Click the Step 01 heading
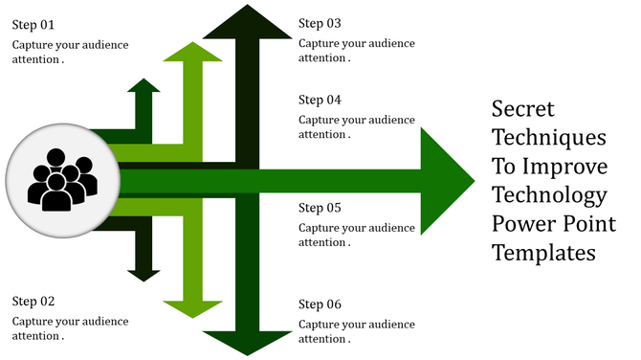pyautogui.click(x=33, y=24)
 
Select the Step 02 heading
pyautogui.click(x=33, y=301)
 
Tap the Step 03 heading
pyautogui.click(x=320, y=23)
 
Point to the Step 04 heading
pyautogui.click(x=320, y=100)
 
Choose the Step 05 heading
pyautogui.click(x=320, y=208)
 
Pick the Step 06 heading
pyautogui.click(x=320, y=304)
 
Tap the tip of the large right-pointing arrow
pyautogui.click(x=471, y=179)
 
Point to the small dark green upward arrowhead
pyautogui.click(x=144, y=88)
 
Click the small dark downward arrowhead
pyautogui.click(x=144, y=273)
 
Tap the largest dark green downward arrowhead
pyautogui.click(x=248, y=340)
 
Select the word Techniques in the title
pyautogui.click(x=548, y=136)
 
